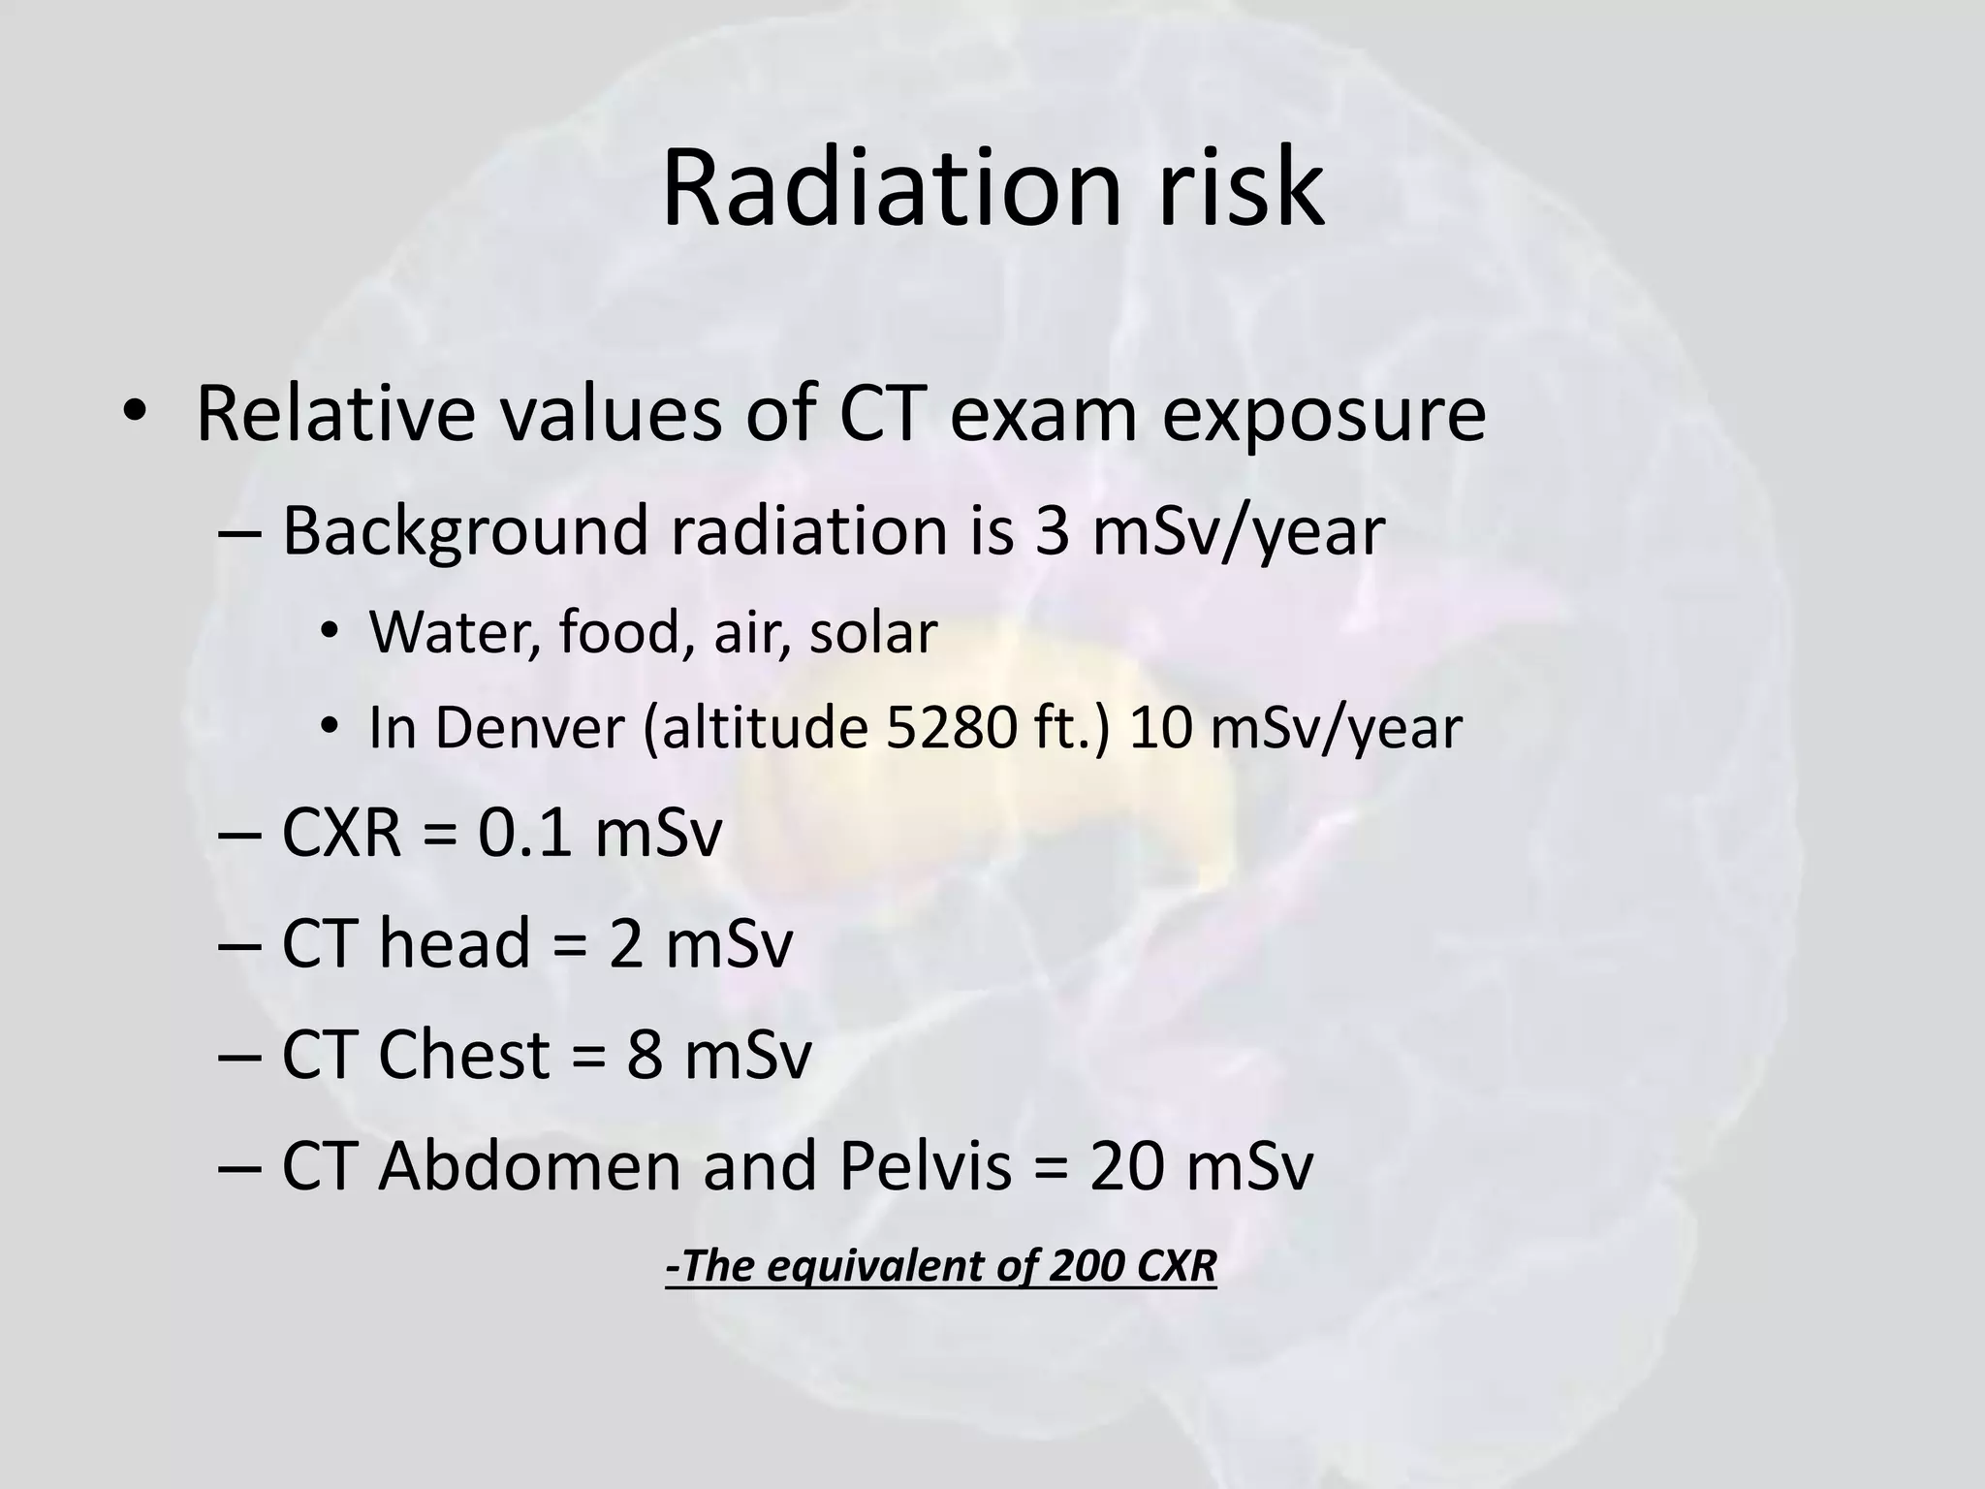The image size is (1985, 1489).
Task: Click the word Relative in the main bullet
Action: pyautogui.click(x=335, y=414)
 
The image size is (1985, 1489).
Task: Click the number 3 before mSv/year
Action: pyautogui.click(x=1052, y=531)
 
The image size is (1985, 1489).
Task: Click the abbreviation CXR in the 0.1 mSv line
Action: pyautogui.click(x=341, y=833)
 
